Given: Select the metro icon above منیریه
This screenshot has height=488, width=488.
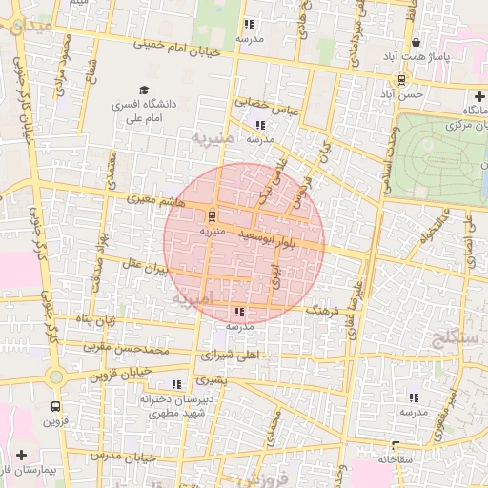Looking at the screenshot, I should pos(212,214).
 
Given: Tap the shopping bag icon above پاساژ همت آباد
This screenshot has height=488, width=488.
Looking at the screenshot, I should pos(417,43).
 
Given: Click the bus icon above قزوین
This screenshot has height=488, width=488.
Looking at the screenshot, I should pos(53,404).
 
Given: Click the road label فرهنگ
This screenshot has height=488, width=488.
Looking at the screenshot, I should pos(321,310).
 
